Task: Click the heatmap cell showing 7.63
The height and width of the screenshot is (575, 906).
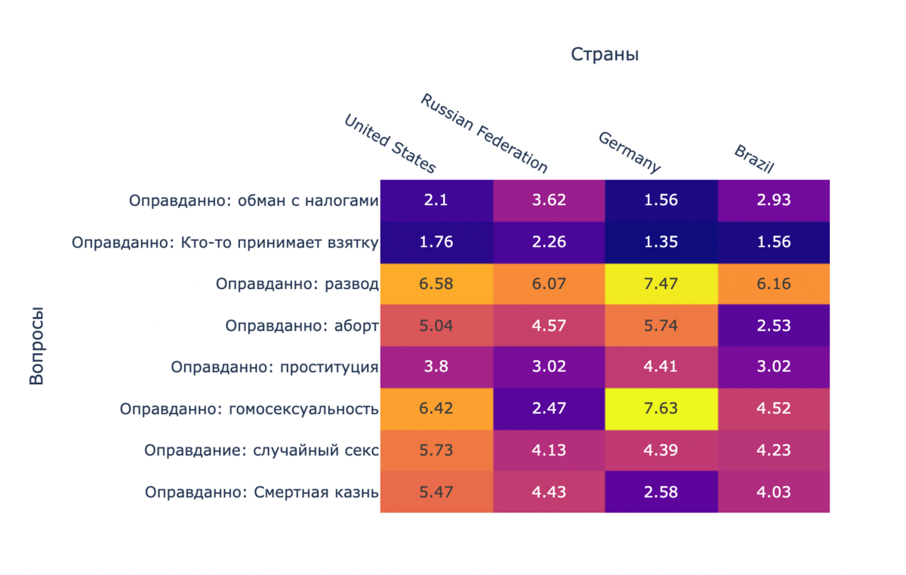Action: (661, 409)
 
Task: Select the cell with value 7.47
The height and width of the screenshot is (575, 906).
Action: (661, 284)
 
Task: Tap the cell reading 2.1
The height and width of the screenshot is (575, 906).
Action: (436, 201)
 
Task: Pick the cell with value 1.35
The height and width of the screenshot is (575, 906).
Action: (661, 242)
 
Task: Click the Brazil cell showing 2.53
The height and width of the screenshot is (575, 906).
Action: (774, 325)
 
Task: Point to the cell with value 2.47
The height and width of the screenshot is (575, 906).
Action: (549, 409)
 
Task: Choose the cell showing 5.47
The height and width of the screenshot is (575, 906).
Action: (436, 492)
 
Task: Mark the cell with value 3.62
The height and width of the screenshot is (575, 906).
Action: (549, 201)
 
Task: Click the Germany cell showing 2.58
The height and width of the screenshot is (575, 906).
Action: (661, 492)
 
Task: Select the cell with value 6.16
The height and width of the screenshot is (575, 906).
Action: (774, 284)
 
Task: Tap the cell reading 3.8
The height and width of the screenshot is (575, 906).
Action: (436, 367)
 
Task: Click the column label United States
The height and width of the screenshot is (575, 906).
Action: (390, 143)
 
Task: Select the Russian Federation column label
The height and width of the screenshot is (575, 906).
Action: (484, 133)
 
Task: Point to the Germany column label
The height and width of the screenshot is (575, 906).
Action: (630, 152)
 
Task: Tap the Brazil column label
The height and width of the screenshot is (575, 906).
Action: (754, 158)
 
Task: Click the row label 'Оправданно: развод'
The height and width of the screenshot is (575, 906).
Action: (297, 284)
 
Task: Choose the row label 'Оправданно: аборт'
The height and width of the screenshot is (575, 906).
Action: (301, 326)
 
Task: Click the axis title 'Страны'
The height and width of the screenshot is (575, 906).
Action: (605, 54)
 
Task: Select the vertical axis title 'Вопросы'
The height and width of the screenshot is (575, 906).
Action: (36, 346)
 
